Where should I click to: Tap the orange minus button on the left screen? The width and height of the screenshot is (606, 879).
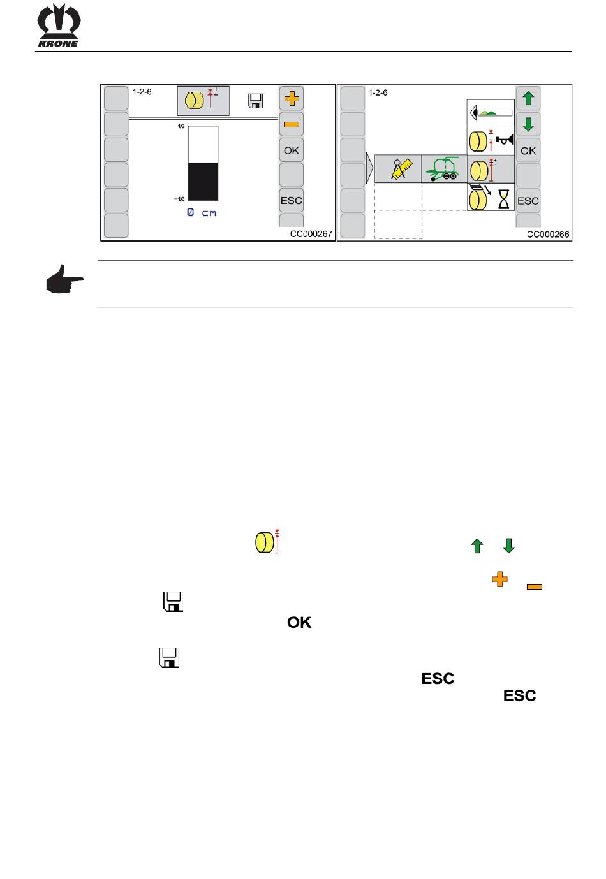coord(292,124)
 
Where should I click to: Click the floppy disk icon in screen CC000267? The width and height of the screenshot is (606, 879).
coord(256,100)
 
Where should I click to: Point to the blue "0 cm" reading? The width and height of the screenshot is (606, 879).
coord(202,212)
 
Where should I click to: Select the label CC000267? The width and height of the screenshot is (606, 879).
coord(311,234)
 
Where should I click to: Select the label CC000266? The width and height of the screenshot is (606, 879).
coord(547,234)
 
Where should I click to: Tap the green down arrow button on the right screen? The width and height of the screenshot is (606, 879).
coord(528,124)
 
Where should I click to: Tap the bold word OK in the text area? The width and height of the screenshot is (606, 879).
coord(299,622)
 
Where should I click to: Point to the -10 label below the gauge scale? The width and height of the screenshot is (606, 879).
coord(180,200)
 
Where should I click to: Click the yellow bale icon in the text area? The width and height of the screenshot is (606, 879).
coord(263,542)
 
